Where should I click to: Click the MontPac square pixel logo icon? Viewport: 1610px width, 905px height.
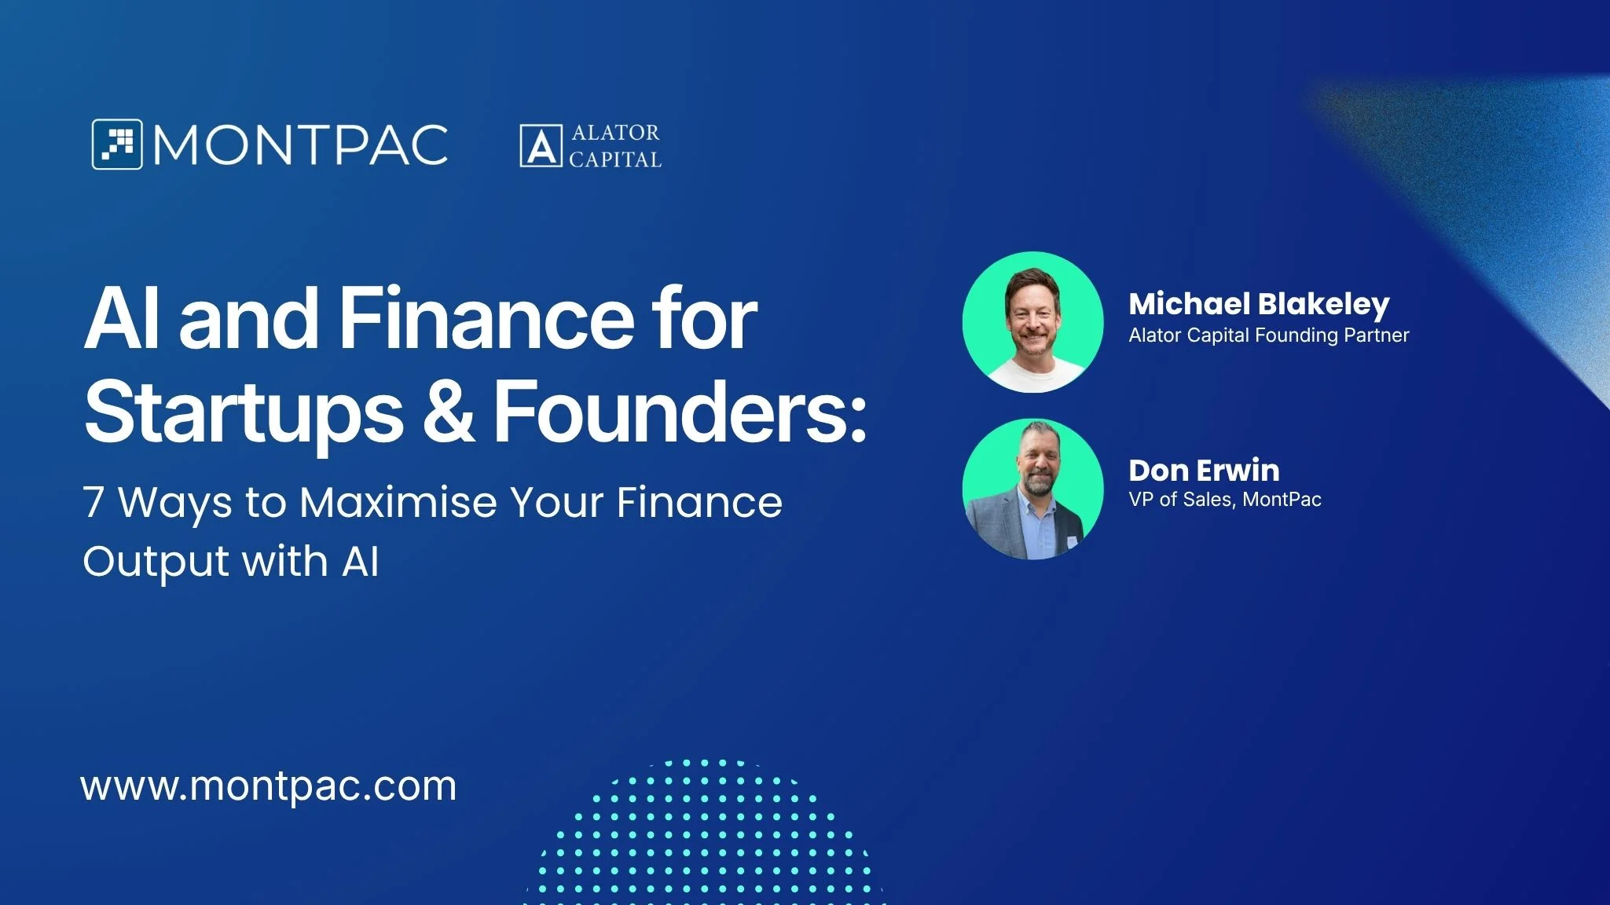pos(117,145)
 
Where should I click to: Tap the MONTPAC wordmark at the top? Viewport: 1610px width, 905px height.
pos(301,145)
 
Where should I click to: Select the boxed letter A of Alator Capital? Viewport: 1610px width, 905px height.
pos(541,146)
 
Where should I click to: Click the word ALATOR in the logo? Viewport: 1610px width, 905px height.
pos(615,133)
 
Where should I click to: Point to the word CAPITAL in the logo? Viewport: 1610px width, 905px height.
pos(615,159)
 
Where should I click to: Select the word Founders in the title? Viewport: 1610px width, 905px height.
pos(680,410)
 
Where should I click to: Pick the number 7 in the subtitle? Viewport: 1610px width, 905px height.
pos(94,502)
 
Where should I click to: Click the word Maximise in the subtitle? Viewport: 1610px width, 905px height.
pos(398,502)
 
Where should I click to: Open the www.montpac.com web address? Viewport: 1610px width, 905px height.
pos(269,786)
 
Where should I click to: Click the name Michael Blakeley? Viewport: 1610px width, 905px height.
pos(1260,305)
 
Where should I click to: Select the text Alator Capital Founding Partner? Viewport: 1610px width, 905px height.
pos(1269,335)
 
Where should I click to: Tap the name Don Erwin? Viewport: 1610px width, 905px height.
pos(1205,471)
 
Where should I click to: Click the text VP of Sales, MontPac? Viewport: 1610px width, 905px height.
pos(1225,500)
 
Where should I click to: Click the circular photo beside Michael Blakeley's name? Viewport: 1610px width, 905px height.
pos(1033,322)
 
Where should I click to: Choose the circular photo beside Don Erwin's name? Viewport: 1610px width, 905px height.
pos(1033,489)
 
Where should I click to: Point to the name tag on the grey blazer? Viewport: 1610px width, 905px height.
pos(1073,541)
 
